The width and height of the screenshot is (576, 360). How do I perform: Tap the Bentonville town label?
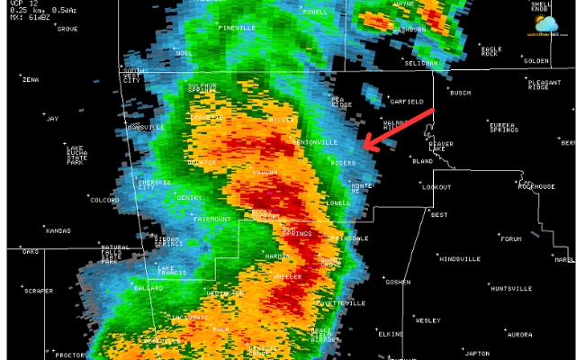click(x=316, y=142)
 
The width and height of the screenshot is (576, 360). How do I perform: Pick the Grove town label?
click(x=67, y=29)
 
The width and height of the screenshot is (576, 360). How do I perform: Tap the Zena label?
click(x=31, y=80)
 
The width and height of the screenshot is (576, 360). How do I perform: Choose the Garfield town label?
click(x=406, y=102)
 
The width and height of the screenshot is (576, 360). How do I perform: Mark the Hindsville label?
click(x=459, y=258)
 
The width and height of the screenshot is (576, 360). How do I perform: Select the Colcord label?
click(x=104, y=200)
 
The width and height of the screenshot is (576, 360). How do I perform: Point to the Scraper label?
click(x=39, y=291)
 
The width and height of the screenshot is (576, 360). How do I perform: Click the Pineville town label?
click(x=238, y=28)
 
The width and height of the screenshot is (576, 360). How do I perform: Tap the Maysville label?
click(x=146, y=128)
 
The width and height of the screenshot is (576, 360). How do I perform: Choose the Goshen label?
click(x=398, y=282)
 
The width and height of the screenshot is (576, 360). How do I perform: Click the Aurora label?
click(x=519, y=334)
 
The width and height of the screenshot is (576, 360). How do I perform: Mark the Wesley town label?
click(x=427, y=320)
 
